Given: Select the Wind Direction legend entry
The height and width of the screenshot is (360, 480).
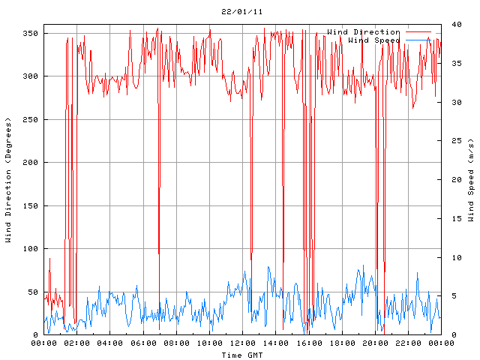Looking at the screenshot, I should [x=364, y=32].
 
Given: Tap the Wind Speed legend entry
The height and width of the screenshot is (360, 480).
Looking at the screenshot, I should [x=374, y=40].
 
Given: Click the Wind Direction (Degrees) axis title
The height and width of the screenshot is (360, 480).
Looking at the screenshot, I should [x=8, y=180].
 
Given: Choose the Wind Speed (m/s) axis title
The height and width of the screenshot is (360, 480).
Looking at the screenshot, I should [x=471, y=180].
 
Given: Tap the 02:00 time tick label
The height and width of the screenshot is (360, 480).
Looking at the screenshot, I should [x=77, y=343].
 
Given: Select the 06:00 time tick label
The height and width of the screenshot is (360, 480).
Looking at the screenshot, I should [x=143, y=343].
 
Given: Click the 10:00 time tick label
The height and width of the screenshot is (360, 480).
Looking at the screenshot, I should [x=209, y=343].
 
